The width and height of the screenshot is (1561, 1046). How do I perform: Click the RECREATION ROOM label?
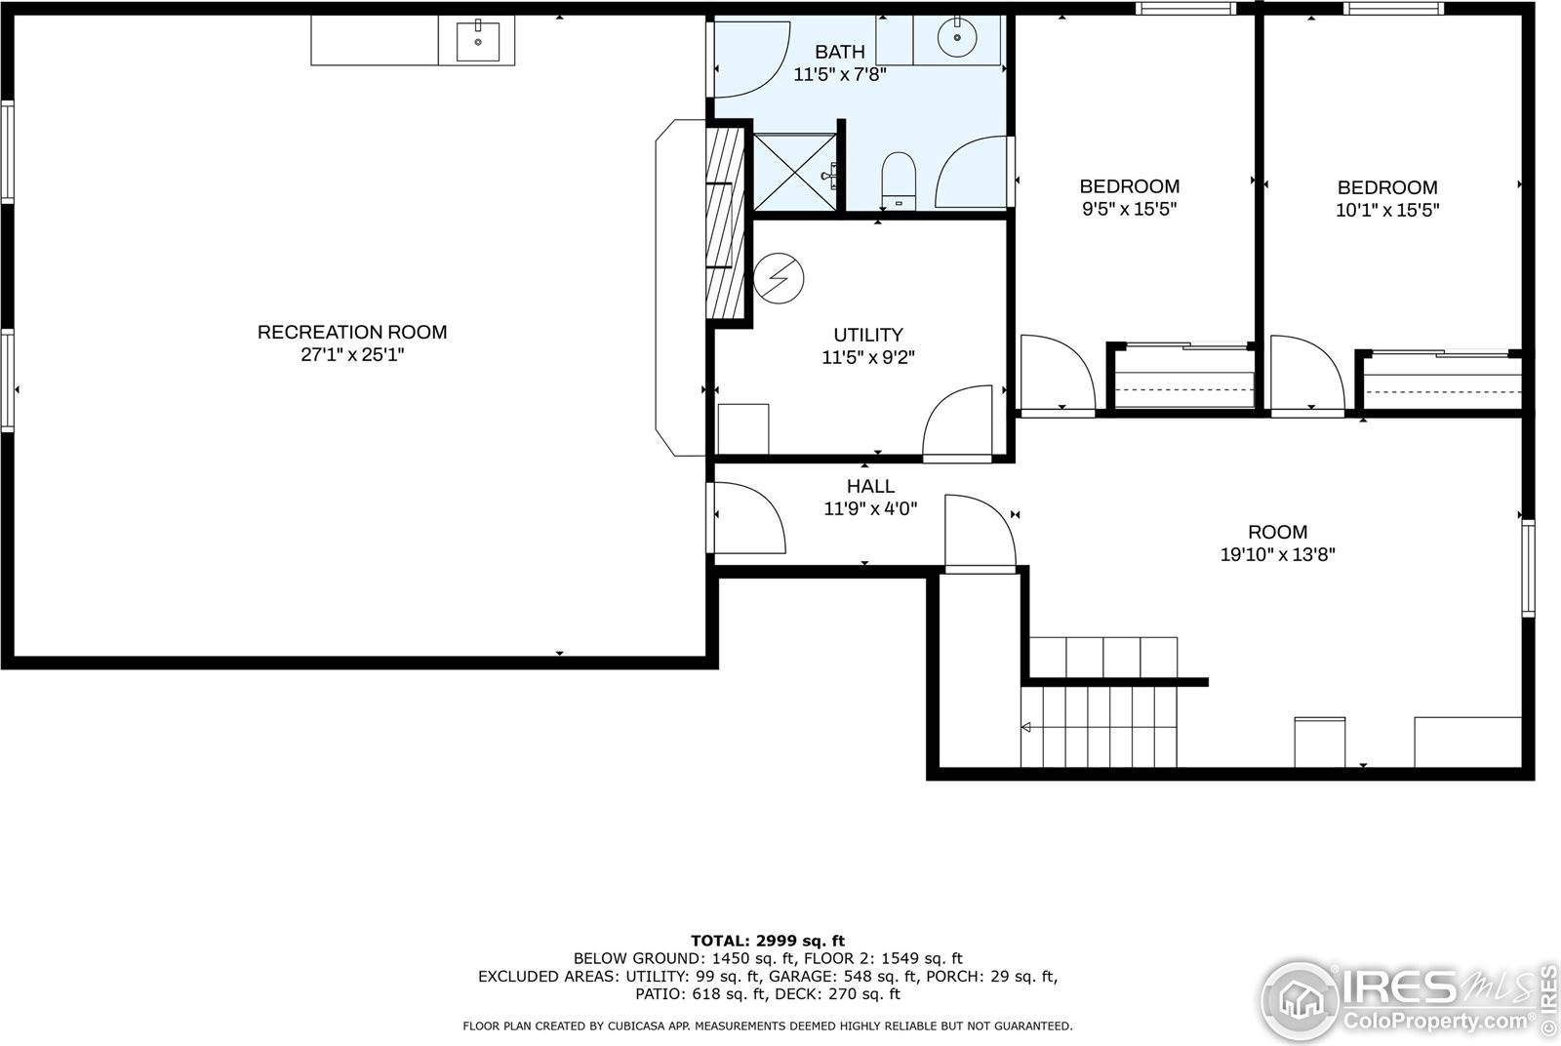tap(352, 332)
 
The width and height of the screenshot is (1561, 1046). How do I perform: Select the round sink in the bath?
tap(956, 39)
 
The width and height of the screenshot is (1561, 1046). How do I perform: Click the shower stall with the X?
tap(794, 172)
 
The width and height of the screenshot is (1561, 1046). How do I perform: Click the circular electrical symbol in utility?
tap(780, 278)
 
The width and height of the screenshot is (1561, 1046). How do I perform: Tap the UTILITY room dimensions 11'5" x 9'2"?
tap(868, 358)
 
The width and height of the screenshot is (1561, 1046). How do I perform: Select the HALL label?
tap(870, 486)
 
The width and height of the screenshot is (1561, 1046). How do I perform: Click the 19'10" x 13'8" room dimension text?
tap(1277, 555)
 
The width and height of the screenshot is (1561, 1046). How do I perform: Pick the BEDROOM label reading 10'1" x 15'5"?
tap(1386, 187)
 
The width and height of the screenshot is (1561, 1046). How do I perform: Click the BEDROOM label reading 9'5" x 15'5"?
tap(1129, 186)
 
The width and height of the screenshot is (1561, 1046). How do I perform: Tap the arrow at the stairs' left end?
tap(1026, 727)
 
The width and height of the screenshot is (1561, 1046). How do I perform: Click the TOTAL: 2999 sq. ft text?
tap(768, 941)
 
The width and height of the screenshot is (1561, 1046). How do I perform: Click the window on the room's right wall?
tap(1528, 568)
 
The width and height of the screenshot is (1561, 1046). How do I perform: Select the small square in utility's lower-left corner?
tap(742, 428)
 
